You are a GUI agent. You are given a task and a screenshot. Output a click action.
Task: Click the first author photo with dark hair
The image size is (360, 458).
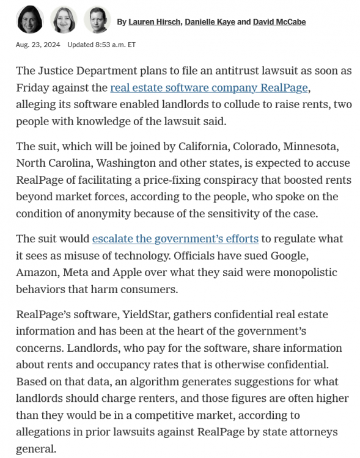pyautogui.click(x=30, y=20)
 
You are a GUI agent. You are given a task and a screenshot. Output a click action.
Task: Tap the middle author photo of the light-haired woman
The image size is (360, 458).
pyautogui.click(x=63, y=20)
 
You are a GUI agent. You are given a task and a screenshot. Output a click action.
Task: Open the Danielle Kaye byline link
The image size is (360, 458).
pyautogui.click(x=208, y=22)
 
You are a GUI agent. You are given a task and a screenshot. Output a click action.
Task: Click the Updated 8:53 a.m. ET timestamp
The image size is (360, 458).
pyautogui.click(x=101, y=45)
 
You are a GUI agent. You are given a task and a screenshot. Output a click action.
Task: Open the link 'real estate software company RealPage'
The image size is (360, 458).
pyautogui.click(x=209, y=88)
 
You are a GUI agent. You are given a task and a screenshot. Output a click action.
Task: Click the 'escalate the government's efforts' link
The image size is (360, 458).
pyautogui.click(x=175, y=239)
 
